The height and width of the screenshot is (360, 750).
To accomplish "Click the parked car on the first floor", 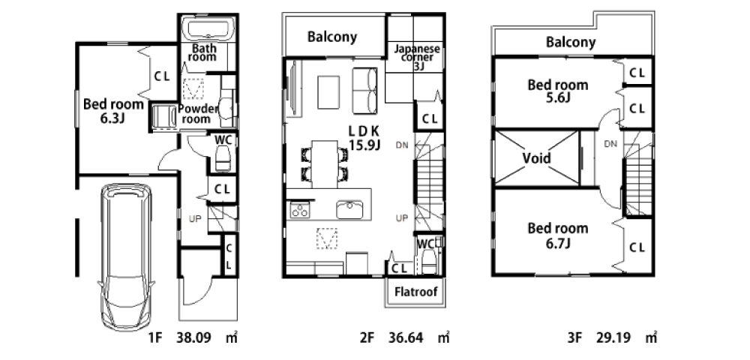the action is click(x=126, y=256).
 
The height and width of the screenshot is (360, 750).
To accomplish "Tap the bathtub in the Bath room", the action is click(x=210, y=29).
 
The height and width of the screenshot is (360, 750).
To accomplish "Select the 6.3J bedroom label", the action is click(x=113, y=110).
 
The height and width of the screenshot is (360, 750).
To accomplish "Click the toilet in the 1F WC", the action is click(x=223, y=159).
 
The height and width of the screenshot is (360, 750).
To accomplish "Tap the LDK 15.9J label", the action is click(x=364, y=138).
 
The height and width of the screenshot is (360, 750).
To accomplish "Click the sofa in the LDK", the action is click(x=365, y=91).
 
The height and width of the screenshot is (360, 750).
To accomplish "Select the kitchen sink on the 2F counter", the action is click(x=349, y=209).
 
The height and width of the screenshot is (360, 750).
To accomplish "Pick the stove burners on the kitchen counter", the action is click(x=300, y=210).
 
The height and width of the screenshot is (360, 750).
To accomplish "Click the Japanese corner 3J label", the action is click(x=416, y=58).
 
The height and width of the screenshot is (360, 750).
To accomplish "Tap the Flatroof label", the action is click(x=415, y=292).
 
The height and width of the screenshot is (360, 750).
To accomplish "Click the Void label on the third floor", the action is click(x=537, y=157).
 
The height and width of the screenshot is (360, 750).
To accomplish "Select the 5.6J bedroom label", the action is click(x=557, y=91).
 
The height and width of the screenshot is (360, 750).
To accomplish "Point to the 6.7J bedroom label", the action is click(x=557, y=235).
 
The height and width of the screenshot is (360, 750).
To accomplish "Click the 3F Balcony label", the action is click(x=571, y=43).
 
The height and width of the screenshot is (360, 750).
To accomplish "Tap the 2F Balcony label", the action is click(x=332, y=37).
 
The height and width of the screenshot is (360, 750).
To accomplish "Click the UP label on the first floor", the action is click(x=195, y=218).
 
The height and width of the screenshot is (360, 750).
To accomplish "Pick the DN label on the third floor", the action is click(x=610, y=143).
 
